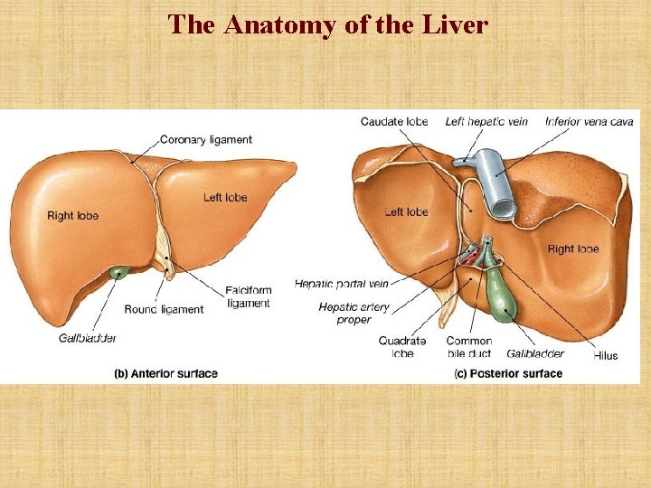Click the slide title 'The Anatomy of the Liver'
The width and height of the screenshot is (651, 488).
tap(327, 24)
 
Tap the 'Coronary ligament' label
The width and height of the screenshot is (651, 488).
tap(205, 140)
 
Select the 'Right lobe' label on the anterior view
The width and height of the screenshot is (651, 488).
tap(72, 216)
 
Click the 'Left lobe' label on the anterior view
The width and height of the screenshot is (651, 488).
tap(224, 198)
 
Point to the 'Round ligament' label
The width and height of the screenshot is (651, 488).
tap(164, 309)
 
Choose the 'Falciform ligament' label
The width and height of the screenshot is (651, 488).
tap(248, 296)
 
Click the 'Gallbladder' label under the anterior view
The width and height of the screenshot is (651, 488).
tap(88, 338)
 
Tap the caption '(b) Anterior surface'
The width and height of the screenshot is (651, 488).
tap(165, 373)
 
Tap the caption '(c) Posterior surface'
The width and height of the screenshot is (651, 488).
tap(508, 373)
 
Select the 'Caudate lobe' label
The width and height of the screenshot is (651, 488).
tap(394, 122)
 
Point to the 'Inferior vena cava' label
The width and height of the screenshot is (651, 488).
tap(590, 122)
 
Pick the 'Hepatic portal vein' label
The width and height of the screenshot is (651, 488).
tap(341, 284)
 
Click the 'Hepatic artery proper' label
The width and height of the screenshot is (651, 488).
tap(354, 313)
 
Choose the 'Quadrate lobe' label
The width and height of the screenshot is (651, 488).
tap(402, 347)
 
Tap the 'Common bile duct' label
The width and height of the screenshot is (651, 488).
tap(468, 347)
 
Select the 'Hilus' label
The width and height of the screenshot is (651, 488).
tap(606, 355)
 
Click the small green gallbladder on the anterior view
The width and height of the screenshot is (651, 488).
tap(118, 271)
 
